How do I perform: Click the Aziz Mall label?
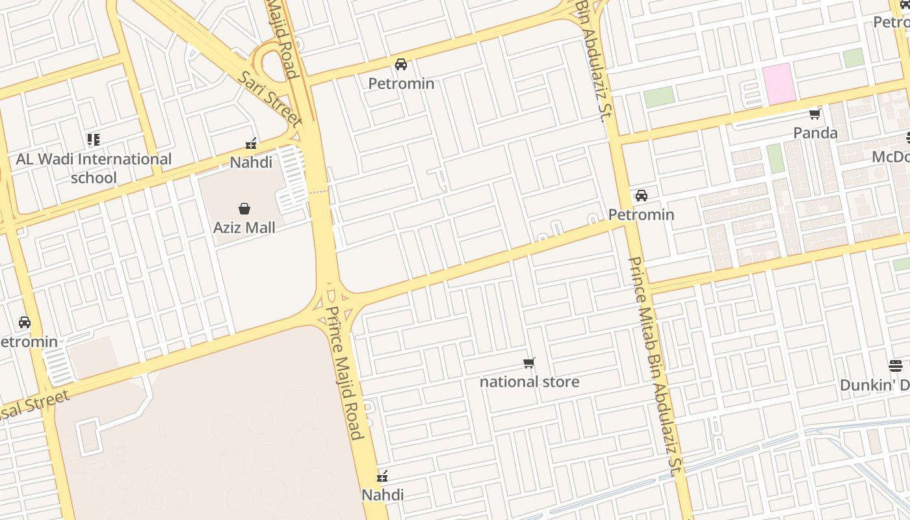click(x=244, y=227)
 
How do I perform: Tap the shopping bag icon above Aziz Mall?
click(x=244, y=209)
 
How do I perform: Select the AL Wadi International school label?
click(x=94, y=168)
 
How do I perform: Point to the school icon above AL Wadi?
click(x=94, y=139)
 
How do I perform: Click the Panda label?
click(x=815, y=133)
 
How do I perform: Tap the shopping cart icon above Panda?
click(x=814, y=114)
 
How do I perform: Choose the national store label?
click(x=529, y=382)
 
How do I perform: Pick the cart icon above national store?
click(x=529, y=363)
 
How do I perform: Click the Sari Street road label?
click(x=269, y=99)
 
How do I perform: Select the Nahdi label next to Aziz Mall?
click(x=251, y=162)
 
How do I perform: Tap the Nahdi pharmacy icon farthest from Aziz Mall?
click(x=382, y=477)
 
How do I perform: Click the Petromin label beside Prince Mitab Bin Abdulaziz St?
click(x=641, y=214)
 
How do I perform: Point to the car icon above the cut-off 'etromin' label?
click(x=25, y=322)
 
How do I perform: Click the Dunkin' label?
click(x=874, y=385)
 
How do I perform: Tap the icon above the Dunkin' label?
click(x=896, y=365)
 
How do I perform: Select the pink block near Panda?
click(x=779, y=83)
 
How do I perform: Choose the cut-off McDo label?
click(x=890, y=157)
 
